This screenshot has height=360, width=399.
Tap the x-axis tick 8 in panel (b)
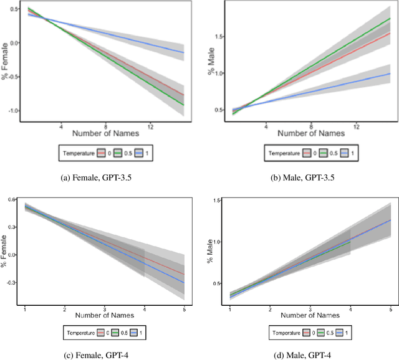tap(312, 126)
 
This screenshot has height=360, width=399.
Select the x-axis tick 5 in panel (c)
tap(185, 310)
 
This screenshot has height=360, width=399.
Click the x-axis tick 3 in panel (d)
tap(310, 310)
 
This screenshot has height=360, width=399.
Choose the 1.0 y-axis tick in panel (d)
tap(219, 242)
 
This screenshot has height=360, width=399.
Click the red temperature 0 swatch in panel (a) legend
tap(100, 152)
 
